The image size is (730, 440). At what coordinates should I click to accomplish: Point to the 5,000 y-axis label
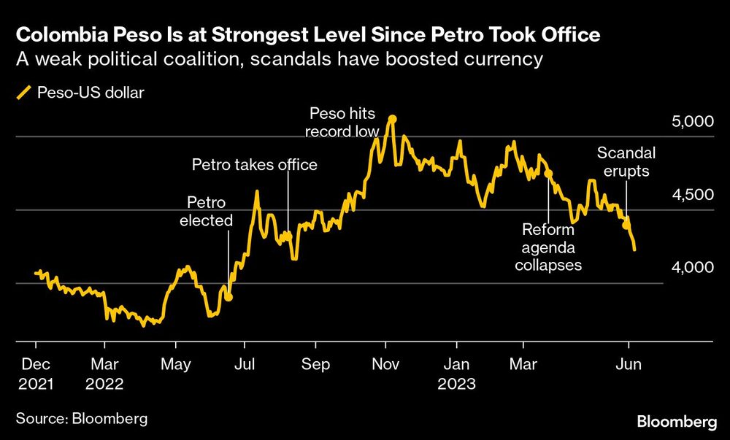pos(690,121)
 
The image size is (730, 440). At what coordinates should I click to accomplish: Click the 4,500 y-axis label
pos(690,195)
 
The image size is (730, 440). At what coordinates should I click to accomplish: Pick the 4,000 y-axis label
pos(690,269)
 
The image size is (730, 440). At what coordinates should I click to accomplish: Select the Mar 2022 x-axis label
pos(105,373)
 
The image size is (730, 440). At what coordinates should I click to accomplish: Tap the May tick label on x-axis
pos(175,363)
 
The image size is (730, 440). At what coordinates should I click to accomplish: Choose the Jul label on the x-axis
pos(246,363)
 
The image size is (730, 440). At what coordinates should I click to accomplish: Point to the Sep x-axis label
pos(316,363)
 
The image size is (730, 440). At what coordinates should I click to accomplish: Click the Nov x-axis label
pos(386,363)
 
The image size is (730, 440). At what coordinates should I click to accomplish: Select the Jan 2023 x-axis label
pos(456,373)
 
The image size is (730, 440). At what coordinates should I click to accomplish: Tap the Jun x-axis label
pos(629,363)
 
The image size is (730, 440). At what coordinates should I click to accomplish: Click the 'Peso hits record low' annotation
pos(343,123)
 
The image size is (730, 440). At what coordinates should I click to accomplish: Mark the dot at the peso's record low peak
pos(392,118)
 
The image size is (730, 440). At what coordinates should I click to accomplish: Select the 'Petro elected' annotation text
pos(207,211)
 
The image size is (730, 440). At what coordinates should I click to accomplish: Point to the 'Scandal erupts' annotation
pos(626,162)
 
